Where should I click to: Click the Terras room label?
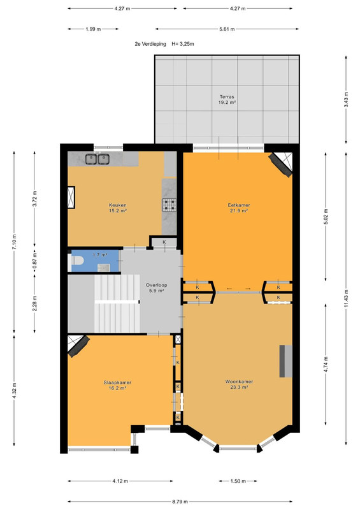click(227, 99)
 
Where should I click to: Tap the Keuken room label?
click(117, 208)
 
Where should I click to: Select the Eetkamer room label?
click(238, 208)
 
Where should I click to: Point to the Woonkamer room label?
click(239, 384)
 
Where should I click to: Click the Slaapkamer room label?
click(117, 385)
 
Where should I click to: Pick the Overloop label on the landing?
click(156, 288)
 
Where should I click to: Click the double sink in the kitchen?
click(97, 159)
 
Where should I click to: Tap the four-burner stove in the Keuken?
click(169, 205)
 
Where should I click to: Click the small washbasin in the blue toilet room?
click(104, 267)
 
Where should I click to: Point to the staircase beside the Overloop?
click(117, 303)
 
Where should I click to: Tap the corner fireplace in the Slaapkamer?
click(78, 346)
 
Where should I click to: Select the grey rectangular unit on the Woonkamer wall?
click(286, 361)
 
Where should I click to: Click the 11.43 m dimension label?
click(346, 298)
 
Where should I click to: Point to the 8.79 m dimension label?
click(180, 502)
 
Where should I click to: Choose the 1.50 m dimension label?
click(238, 481)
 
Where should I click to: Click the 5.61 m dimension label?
click(227, 29)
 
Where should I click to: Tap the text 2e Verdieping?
click(150, 44)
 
